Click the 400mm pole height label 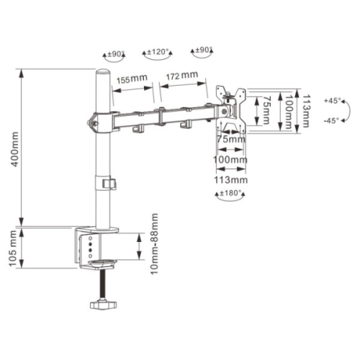point(15,149)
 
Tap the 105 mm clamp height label point(13,248)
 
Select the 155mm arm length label point(132,79)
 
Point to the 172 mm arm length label point(182,76)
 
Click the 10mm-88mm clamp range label point(154,244)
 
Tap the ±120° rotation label point(158,52)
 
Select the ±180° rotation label point(230,193)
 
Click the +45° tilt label point(333,101)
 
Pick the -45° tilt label point(331,120)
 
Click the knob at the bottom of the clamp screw point(104,305)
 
